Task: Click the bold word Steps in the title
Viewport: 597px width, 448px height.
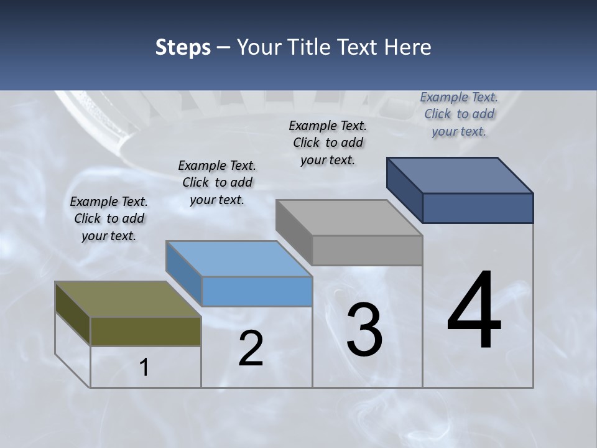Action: tap(182, 47)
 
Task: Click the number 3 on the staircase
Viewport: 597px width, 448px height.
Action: tap(364, 330)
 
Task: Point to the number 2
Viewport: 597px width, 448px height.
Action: tap(251, 348)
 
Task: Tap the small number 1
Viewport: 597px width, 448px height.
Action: tap(144, 368)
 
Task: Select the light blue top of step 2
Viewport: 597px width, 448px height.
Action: tap(239, 259)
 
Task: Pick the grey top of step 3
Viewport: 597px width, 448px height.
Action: tap(349, 218)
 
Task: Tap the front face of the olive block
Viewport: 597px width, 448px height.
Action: tap(146, 331)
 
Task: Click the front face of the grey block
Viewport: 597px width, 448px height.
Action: tap(367, 250)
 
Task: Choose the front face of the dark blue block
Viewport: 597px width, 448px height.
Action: tap(478, 208)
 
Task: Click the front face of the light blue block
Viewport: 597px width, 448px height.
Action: tap(257, 291)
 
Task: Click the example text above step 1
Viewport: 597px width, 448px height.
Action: tap(109, 218)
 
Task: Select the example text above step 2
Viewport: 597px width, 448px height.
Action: tap(217, 182)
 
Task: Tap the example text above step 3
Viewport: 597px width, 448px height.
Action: tap(328, 142)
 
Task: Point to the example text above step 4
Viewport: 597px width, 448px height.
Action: tap(459, 114)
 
